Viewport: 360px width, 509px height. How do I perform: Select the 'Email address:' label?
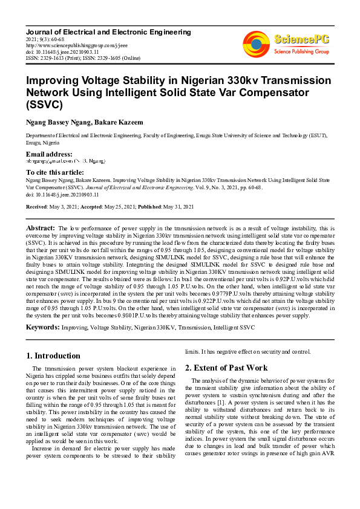pyautogui.click(x=49, y=155)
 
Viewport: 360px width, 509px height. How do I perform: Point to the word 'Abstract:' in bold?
pyautogui.click(x=41, y=227)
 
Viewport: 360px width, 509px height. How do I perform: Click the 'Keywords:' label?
pyautogui.click(x=42, y=327)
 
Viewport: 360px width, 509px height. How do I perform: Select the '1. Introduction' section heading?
pyautogui.click(x=55, y=356)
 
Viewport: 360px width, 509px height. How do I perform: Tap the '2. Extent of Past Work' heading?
pyautogui.click(x=226, y=368)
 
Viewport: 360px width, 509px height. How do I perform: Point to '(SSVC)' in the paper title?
pyautogui.click(x=44, y=105)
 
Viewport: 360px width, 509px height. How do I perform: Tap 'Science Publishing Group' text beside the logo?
pyautogui.click(x=301, y=53)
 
